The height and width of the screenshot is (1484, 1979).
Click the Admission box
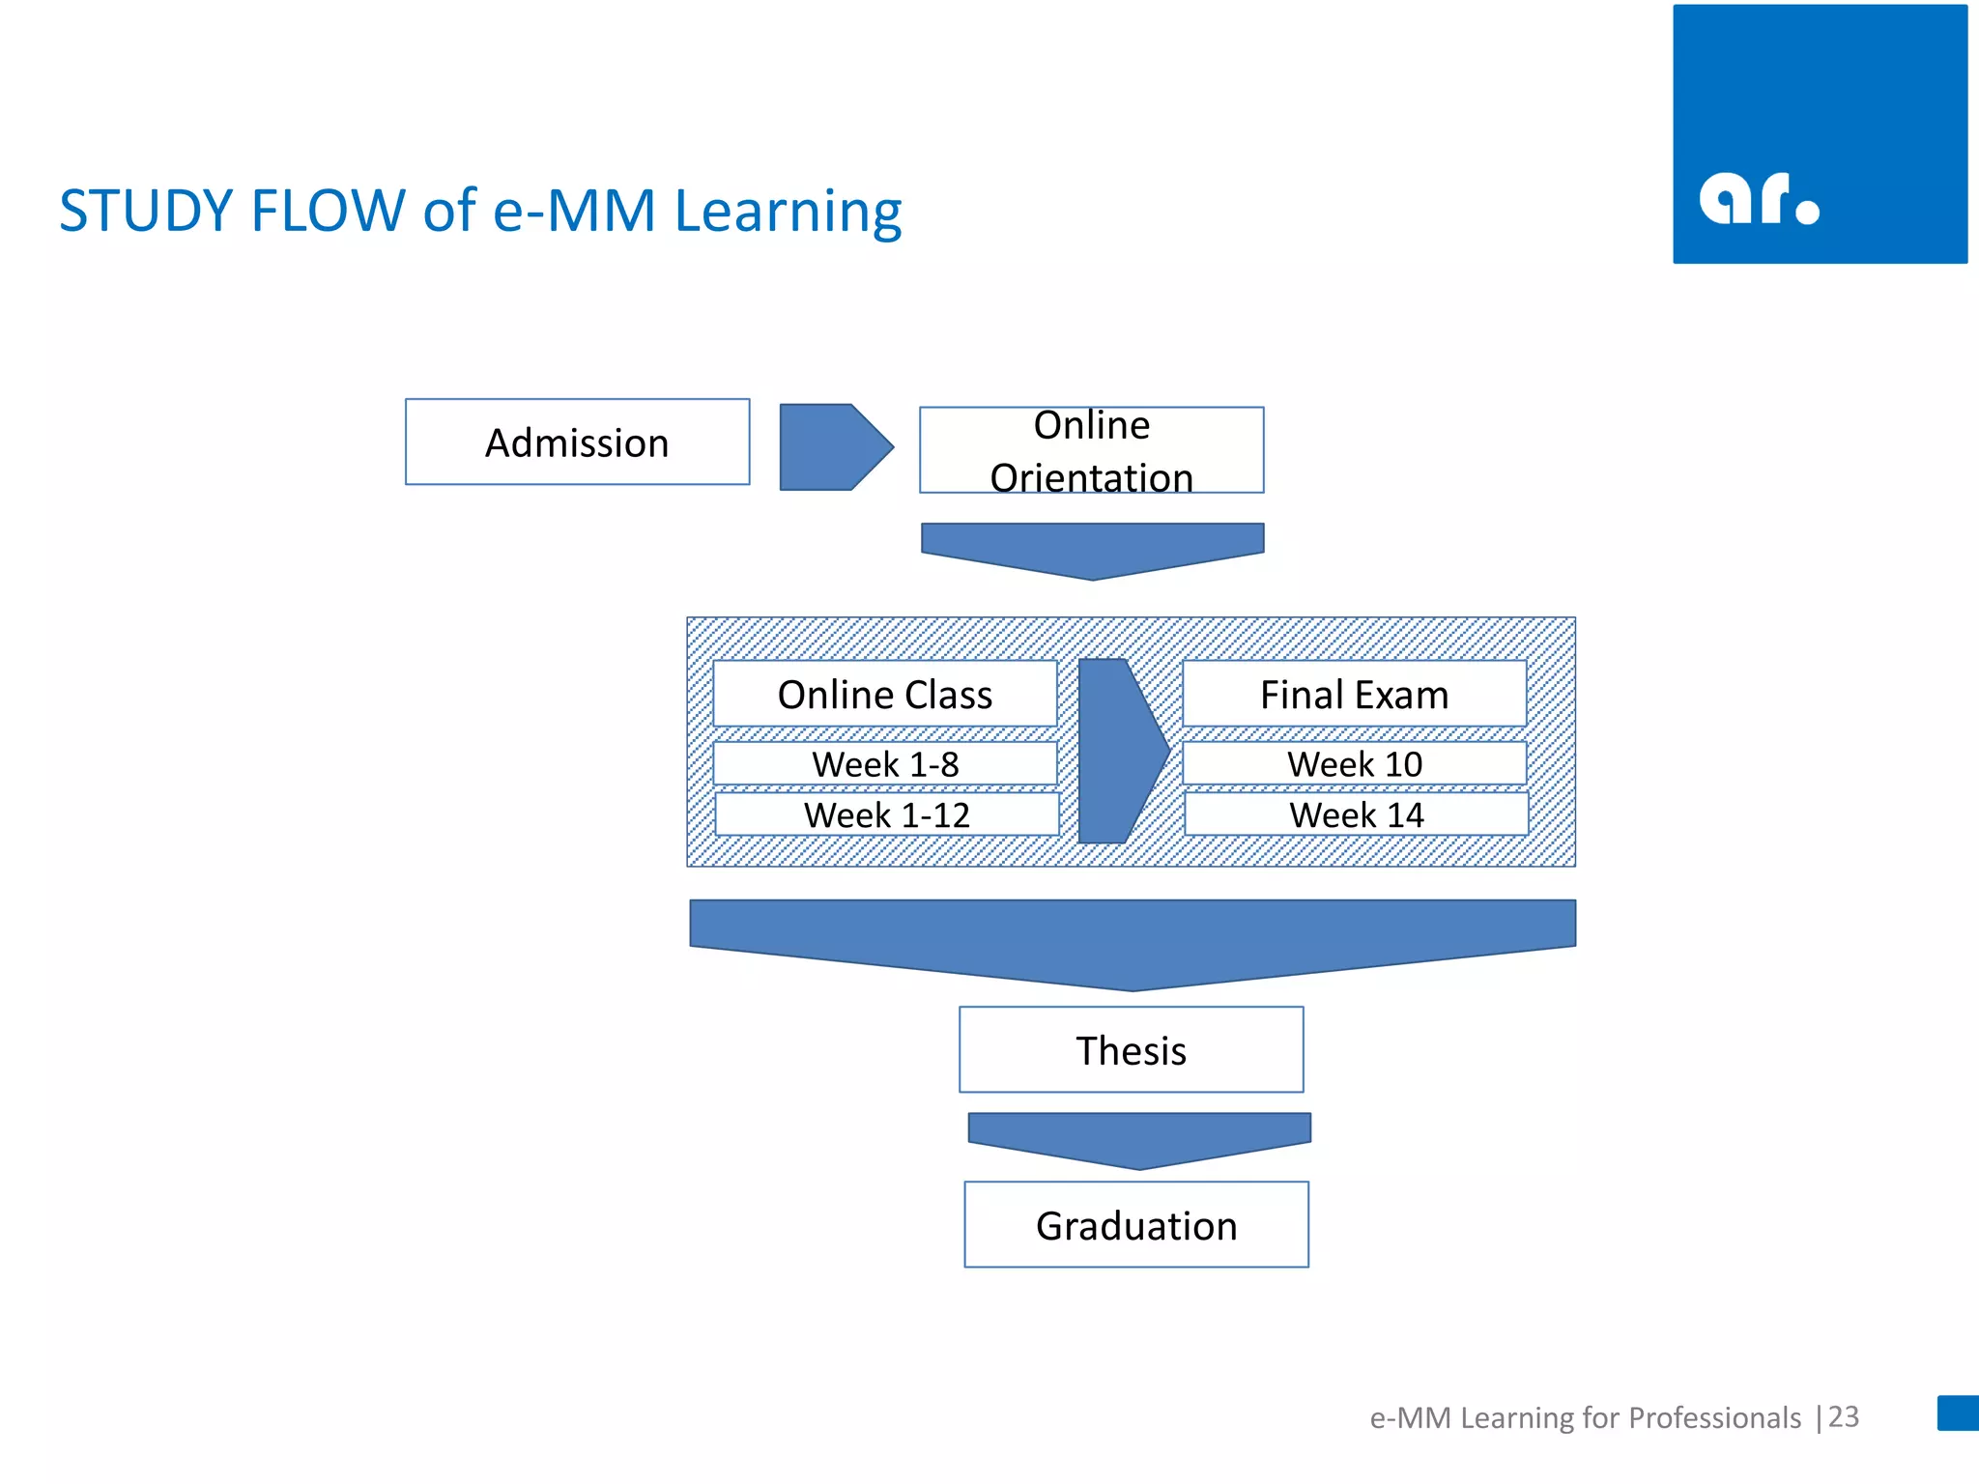tap(577, 442)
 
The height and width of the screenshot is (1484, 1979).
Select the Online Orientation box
tap(1091, 450)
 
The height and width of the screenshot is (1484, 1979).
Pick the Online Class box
tap(884, 695)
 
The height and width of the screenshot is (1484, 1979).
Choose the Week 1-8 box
tap(884, 764)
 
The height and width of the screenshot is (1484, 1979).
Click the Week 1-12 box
tap(886, 814)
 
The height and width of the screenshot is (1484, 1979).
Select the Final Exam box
tap(1354, 695)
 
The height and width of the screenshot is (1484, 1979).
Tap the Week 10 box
tap(1354, 764)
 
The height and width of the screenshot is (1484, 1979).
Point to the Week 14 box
tap(1356, 814)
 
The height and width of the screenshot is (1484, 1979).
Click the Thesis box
tap(1131, 1050)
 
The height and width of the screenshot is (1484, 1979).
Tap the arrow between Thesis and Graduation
tap(1139, 1137)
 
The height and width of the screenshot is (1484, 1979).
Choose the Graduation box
tap(1136, 1225)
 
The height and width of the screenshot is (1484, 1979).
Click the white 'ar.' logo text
tap(1758, 199)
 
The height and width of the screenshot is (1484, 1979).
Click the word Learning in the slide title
tap(788, 213)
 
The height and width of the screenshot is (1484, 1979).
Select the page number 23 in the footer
tap(1844, 1416)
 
